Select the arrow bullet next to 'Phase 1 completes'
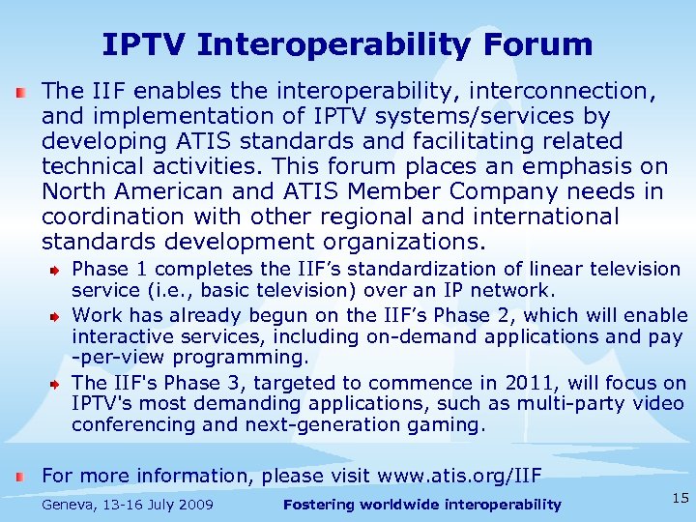[x=57, y=269]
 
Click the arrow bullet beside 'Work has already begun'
[x=57, y=315]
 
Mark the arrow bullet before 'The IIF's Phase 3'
[x=57, y=383]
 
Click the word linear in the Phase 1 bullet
[x=554, y=269]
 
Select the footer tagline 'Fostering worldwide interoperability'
[x=422, y=505]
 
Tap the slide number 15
[x=681, y=499]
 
